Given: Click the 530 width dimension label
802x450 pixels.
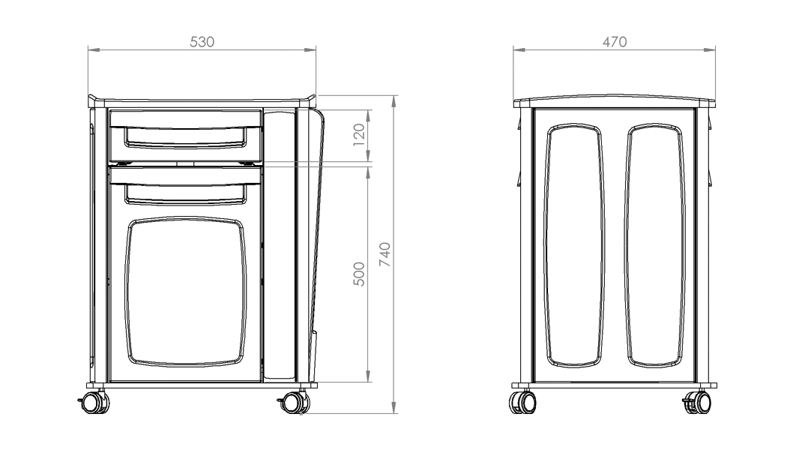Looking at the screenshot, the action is (202, 42).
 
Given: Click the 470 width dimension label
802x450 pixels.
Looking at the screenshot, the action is (615, 42).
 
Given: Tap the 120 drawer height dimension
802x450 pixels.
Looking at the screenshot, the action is (359, 135).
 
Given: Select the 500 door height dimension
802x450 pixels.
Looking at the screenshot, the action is (359, 274).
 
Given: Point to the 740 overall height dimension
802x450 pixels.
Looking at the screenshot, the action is (385, 254).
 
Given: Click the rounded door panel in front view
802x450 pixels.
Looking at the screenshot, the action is (186, 292).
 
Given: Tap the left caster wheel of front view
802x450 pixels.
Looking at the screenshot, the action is (94, 403).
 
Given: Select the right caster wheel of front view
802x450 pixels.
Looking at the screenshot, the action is (294, 403).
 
